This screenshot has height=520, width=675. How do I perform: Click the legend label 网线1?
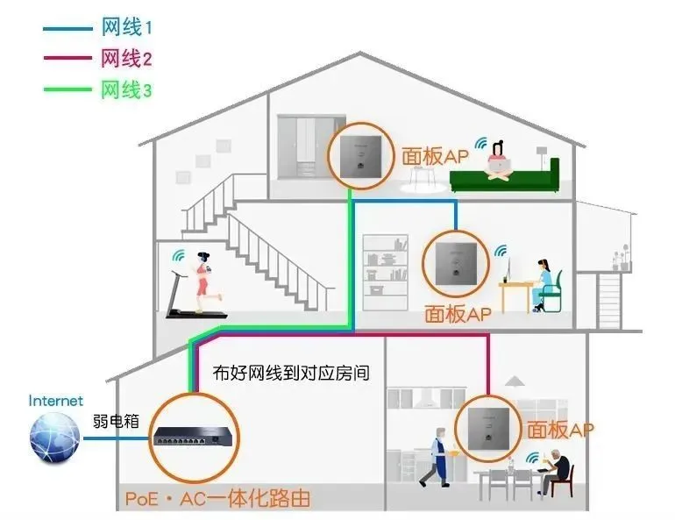126,27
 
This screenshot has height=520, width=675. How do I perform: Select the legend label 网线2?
126,58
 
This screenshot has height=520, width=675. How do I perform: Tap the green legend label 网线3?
126,90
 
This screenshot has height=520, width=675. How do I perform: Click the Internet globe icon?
54,438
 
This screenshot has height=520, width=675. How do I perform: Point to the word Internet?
56,401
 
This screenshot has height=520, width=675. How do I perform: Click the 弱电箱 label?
116,421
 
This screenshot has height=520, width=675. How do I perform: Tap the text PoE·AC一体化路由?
217,498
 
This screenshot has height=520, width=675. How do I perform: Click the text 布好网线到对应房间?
291,373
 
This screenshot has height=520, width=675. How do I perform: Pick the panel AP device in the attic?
361,156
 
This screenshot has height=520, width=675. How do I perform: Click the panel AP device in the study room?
456,264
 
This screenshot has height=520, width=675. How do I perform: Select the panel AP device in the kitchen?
488,429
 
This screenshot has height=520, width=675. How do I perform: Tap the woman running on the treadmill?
204,282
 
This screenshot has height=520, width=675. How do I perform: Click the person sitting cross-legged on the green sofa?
500,160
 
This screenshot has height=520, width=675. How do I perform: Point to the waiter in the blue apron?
437,457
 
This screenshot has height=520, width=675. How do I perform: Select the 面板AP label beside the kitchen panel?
560,430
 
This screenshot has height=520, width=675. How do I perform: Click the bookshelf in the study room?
386,273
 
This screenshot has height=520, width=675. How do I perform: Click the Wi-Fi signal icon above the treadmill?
178,255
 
